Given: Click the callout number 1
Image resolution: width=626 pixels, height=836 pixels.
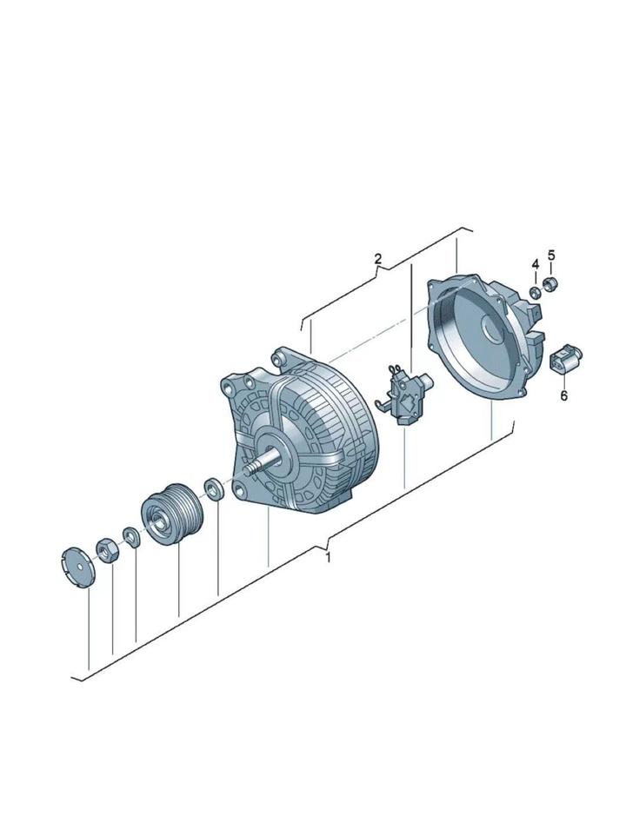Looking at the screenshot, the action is pos(328,558).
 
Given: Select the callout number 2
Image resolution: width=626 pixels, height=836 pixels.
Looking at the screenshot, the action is pos(378,259).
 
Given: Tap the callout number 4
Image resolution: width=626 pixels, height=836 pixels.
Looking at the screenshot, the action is pos(535,264).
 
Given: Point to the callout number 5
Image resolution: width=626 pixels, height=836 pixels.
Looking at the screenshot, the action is pos(551,255).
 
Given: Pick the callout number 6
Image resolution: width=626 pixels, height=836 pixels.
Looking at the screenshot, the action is pos(564,395).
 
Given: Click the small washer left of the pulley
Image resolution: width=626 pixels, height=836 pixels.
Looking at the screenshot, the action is pos(131,536).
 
